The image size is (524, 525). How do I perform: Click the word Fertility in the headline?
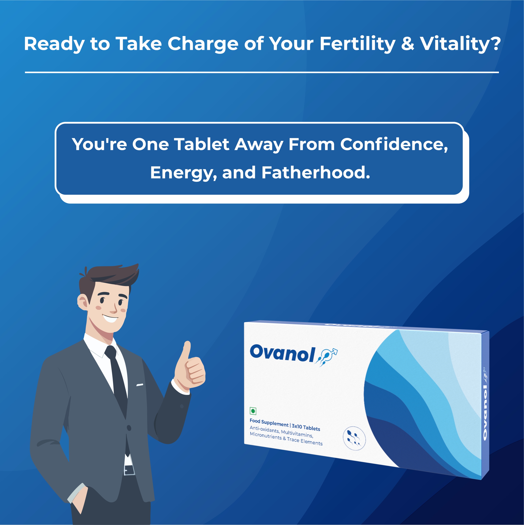[x=357, y=44]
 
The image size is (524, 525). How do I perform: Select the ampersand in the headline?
[x=407, y=44]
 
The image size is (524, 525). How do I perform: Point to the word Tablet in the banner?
[x=202, y=144]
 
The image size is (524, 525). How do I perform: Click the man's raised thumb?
[x=187, y=350]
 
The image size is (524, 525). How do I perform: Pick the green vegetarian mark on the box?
[x=253, y=411]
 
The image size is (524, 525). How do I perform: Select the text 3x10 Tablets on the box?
[x=306, y=427]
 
